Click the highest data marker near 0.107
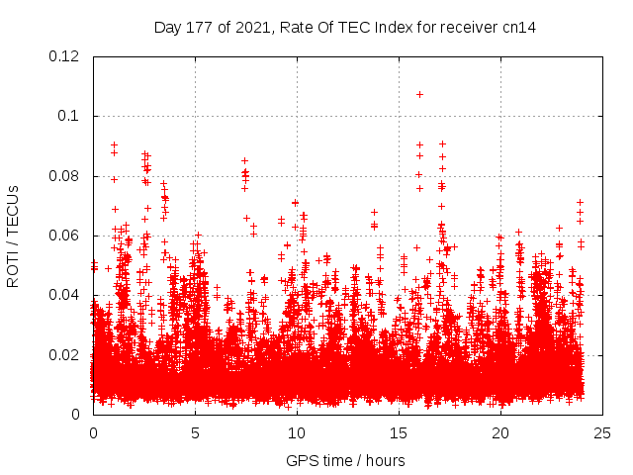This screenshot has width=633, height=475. tap(419, 94)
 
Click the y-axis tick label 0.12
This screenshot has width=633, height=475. tap(64, 56)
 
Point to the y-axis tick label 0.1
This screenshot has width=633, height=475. tap(69, 117)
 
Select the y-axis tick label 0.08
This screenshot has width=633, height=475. tap(64, 176)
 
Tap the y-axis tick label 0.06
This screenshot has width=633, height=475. tap(64, 236)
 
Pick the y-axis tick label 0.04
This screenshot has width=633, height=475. tap(64, 295)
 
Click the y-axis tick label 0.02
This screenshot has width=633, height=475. tap(64, 355)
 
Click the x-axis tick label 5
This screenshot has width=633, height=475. tap(195, 433)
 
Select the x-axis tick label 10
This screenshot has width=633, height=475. tap(297, 433)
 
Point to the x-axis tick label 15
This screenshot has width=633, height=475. tap(399, 433)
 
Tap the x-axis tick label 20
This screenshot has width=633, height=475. tap(500, 433)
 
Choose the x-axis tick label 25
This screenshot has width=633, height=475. tap(602, 433)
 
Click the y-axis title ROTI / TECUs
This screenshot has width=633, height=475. tap(13, 236)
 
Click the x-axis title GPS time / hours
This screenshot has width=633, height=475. tap(345, 460)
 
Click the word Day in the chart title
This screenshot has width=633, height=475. tap(167, 27)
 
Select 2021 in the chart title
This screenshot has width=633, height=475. tap(252, 27)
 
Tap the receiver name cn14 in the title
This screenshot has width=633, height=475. tap(519, 27)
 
